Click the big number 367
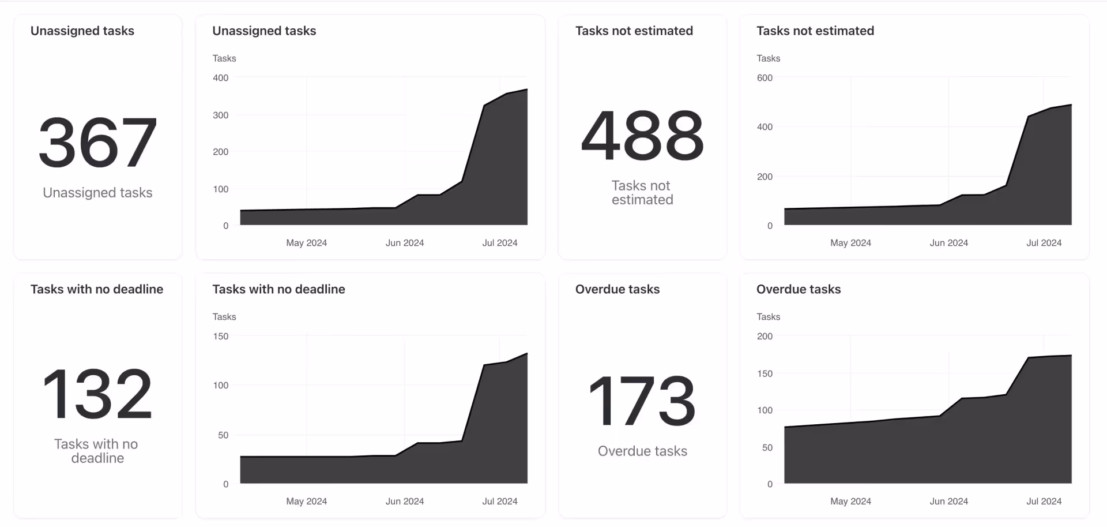tap(97, 142)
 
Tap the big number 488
tap(642, 136)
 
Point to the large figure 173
tap(642, 401)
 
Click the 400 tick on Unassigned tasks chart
tap(220, 78)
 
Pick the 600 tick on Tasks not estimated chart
tap(765, 78)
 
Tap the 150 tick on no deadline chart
tap(220, 336)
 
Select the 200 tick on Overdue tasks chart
tap(765, 336)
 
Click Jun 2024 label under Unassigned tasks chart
tap(404, 243)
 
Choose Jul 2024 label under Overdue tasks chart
tap(1044, 501)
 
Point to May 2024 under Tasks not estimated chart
tap(850, 243)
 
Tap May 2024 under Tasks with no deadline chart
tap(306, 501)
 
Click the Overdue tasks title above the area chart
tap(798, 289)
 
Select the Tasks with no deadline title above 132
tap(97, 289)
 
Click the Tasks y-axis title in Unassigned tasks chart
tap(224, 58)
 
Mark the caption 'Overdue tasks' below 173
tap(642, 451)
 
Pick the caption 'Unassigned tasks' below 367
tap(97, 193)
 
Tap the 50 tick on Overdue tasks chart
tap(767, 447)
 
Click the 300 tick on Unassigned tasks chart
tap(220, 115)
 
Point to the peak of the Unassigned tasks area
tap(526, 89)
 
